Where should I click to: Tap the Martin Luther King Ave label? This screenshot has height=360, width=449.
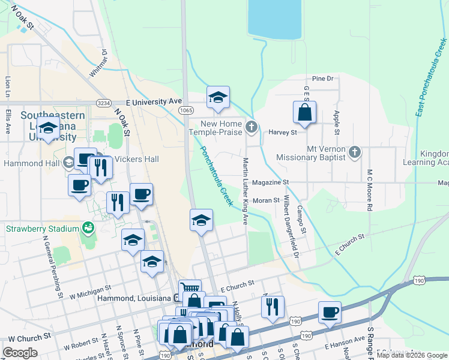coord(245,191)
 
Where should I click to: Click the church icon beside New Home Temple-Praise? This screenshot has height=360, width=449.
coord(252,127)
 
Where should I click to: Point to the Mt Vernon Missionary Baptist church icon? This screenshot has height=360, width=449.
coord(355,152)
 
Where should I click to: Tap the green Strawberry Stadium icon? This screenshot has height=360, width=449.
coord(88,228)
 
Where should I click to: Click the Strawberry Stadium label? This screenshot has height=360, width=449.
coord(42,229)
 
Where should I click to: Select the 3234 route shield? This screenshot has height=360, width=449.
coord(104,103)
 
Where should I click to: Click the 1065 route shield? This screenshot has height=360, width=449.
coord(185,110)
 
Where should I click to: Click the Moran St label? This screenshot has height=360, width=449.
coord(267,200)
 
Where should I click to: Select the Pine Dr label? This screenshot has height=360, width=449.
coord(322,79)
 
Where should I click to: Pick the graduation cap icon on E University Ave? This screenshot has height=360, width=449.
coord(218,97)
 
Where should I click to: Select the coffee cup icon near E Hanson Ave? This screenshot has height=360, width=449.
coord(330,312)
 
